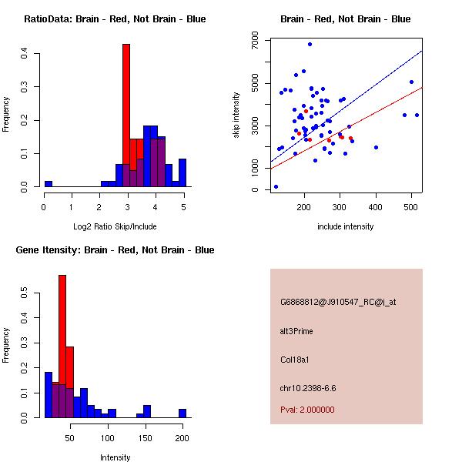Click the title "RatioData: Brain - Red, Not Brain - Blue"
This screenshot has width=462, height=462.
(x=114, y=19)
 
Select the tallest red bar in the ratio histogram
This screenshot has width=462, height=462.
(x=126, y=115)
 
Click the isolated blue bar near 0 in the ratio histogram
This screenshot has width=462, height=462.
(x=48, y=184)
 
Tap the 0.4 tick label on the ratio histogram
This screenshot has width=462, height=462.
(x=25, y=53)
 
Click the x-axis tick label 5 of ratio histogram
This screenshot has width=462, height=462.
(x=183, y=206)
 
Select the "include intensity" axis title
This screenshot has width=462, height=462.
(x=346, y=226)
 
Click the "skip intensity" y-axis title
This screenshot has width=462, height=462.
(x=237, y=115)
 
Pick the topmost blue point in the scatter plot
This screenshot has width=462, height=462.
(x=310, y=44)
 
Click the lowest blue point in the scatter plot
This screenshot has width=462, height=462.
(x=276, y=186)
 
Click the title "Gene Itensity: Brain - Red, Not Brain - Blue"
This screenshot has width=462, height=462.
(x=114, y=250)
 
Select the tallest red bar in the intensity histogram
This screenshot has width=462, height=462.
(x=62, y=346)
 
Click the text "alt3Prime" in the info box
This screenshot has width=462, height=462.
(x=297, y=330)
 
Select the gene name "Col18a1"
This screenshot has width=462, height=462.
(x=294, y=359)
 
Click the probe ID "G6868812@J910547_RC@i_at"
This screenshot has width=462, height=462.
(x=338, y=302)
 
